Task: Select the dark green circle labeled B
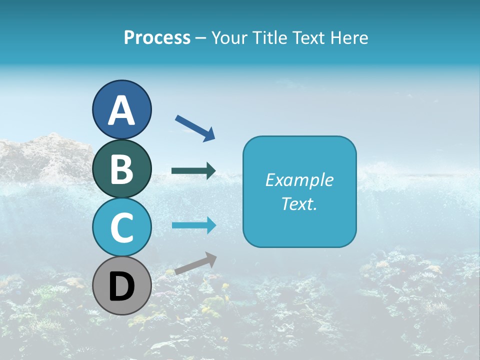(121, 168)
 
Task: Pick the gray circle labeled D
(121, 285)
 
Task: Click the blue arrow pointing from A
(195, 127)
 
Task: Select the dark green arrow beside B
(193, 171)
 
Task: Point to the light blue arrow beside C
(193, 225)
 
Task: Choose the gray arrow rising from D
(195, 263)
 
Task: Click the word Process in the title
(157, 37)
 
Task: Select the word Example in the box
(299, 180)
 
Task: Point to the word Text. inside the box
(299, 203)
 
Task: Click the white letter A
(121, 110)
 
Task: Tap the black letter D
(121, 287)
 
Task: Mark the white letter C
(121, 228)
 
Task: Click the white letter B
(121, 169)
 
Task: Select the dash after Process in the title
(200, 38)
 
